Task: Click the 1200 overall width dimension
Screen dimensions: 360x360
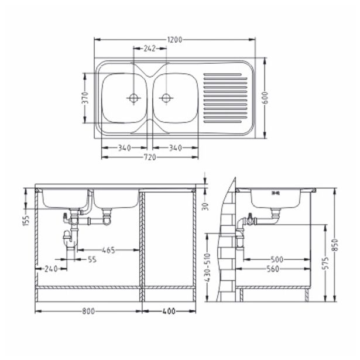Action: click(175, 40)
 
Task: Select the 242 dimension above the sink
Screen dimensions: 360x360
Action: click(150, 49)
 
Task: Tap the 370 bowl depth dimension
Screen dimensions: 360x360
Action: click(85, 98)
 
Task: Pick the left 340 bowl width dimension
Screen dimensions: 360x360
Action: click(124, 148)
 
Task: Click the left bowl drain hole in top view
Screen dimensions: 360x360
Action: click(134, 97)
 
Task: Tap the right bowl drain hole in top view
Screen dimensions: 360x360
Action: click(166, 97)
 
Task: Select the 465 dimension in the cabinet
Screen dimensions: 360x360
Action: click(108, 250)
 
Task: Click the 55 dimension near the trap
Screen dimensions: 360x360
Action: click(92, 259)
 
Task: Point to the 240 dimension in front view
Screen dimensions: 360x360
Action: click(50, 269)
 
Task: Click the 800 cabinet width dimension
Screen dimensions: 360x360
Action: click(90, 312)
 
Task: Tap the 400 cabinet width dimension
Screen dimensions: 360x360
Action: click(170, 312)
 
